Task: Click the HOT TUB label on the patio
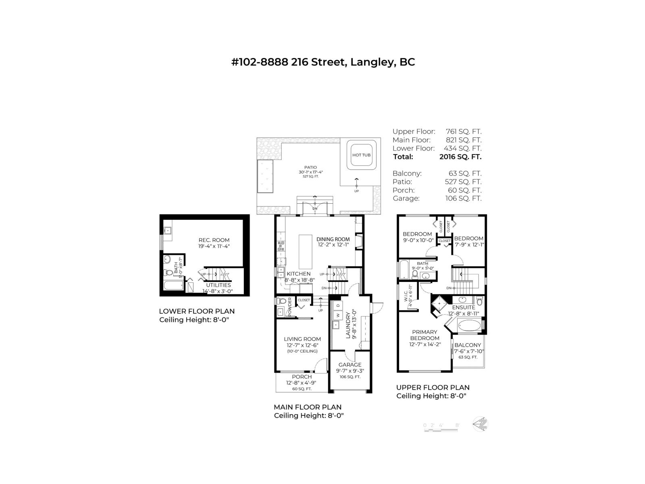click(361, 155)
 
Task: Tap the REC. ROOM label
click(214, 240)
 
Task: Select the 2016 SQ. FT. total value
click(460, 157)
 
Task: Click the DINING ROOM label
click(333, 239)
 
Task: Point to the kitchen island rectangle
click(306, 252)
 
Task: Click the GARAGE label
click(350, 365)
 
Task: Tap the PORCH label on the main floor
click(302, 377)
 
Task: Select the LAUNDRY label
click(349, 323)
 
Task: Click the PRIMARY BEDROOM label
click(424, 335)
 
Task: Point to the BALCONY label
click(468, 345)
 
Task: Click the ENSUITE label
click(463, 307)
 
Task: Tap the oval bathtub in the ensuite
click(469, 325)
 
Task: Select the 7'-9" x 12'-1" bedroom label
click(468, 238)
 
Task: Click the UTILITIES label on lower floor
click(218, 285)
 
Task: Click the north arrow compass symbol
click(481, 424)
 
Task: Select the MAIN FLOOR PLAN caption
click(307, 407)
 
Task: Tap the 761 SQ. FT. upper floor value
click(463, 131)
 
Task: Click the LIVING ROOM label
click(302, 339)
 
